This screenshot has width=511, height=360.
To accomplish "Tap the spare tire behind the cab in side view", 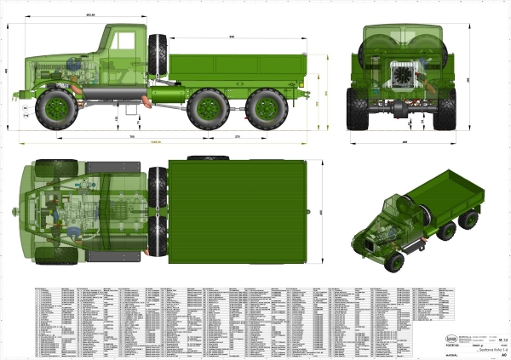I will (x=158, y=54).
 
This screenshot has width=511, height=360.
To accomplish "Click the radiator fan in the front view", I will (x=402, y=75).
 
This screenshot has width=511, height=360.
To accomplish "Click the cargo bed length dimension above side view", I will (x=232, y=37).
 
